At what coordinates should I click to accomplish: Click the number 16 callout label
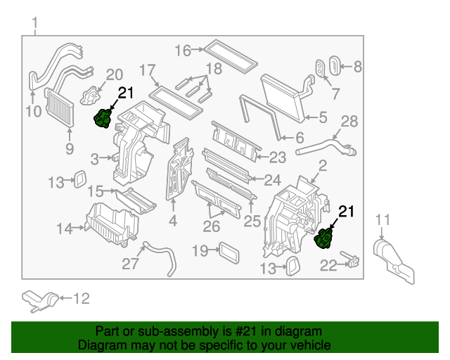[x=183, y=50]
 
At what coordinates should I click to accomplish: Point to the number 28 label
[x=349, y=121]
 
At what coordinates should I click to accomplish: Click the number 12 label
[x=82, y=299]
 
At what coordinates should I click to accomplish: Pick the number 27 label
[x=131, y=264]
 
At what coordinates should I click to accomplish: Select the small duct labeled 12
[x=39, y=300]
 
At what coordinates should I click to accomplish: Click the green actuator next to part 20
[x=105, y=118]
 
